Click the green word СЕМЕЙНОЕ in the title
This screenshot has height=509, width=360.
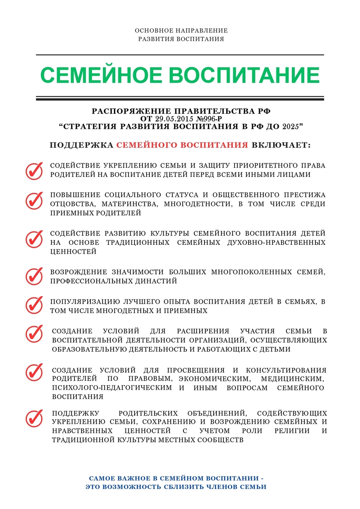tap(101, 75)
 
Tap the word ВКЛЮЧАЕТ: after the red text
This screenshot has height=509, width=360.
tap(281, 145)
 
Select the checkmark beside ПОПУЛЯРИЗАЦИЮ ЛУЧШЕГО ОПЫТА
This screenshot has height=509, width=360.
tap(34, 304)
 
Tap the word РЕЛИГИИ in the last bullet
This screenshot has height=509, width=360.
tap(290, 431)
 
